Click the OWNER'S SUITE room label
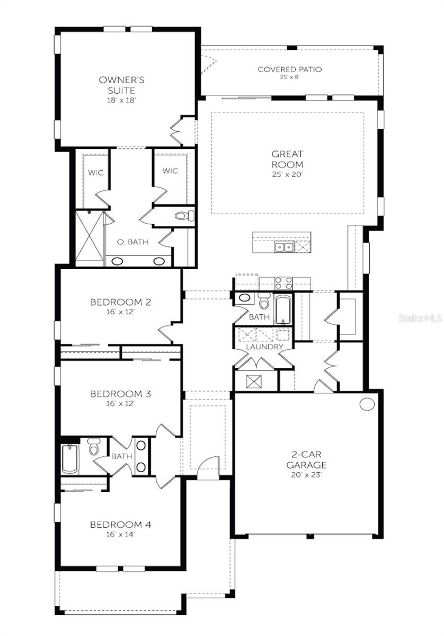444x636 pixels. (121, 85)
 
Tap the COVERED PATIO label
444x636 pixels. (289, 69)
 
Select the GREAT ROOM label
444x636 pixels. (287, 159)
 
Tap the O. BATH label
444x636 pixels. (132, 242)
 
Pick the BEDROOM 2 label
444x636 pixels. (121, 303)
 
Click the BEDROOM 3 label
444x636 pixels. (121, 394)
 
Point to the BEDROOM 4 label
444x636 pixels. (121, 525)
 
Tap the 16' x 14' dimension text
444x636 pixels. (121, 534)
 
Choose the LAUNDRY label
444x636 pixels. (263, 347)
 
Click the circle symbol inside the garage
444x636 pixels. (367, 404)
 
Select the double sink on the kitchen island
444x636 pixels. (284, 246)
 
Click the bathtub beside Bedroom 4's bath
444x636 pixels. (70, 458)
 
